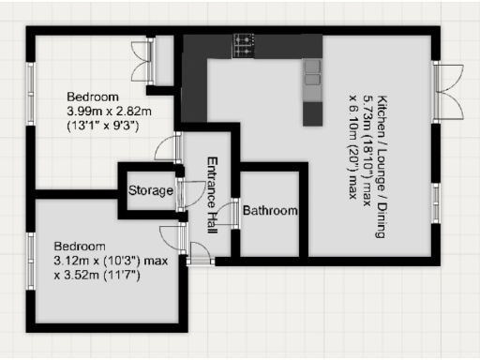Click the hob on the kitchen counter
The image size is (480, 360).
246,42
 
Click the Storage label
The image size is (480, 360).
151,191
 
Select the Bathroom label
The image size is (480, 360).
270,211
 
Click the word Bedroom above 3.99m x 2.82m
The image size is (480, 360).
92,97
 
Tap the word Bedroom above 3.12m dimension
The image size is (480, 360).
80,238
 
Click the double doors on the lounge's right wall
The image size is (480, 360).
448,91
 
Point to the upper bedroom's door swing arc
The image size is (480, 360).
168,148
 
